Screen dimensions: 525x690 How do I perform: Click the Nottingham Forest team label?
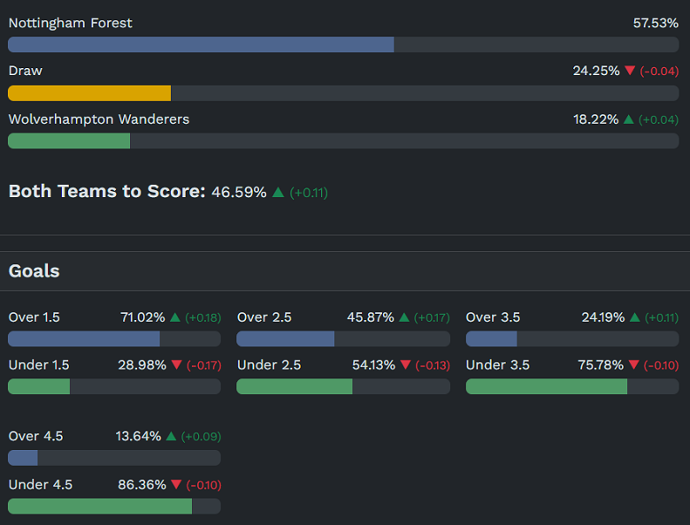(x=70, y=23)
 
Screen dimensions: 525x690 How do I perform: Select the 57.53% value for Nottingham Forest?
(x=655, y=23)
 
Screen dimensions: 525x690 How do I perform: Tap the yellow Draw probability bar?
(x=89, y=93)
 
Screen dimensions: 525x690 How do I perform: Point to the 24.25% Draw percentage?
(x=596, y=71)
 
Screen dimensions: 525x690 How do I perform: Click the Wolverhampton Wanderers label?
(x=98, y=118)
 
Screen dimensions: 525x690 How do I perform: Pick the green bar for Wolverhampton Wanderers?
(x=69, y=141)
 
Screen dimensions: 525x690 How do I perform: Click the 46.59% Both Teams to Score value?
(x=239, y=192)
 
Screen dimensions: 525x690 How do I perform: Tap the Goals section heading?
(x=34, y=270)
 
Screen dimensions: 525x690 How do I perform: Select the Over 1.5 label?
(x=34, y=317)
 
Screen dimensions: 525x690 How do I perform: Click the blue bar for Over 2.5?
(x=285, y=339)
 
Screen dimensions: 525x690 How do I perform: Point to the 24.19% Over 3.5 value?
(x=602, y=317)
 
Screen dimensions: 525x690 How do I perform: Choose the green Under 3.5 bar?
(x=546, y=386)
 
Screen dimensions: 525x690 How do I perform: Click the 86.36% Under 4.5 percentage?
(x=142, y=484)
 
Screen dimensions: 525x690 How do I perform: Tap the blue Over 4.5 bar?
(x=23, y=458)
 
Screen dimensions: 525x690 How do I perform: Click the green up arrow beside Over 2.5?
(x=404, y=317)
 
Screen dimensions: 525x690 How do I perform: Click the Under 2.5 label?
(x=269, y=365)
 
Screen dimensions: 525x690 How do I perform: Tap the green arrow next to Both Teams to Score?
(x=278, y=192)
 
